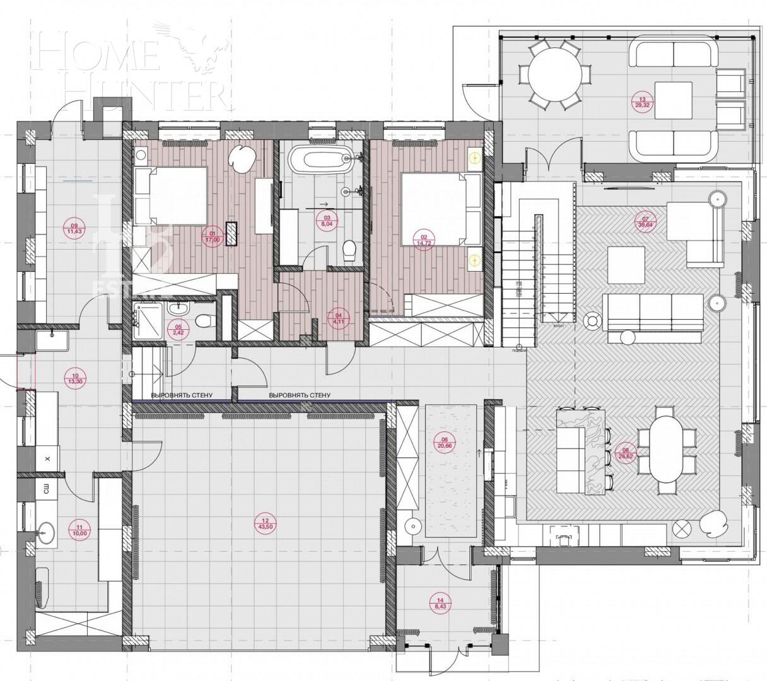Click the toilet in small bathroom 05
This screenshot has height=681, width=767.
coord(203,321)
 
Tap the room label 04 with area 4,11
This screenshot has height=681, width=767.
coord(338,318)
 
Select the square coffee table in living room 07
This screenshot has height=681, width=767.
coord(626,265)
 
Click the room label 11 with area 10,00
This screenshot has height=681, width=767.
coord(79,530)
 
